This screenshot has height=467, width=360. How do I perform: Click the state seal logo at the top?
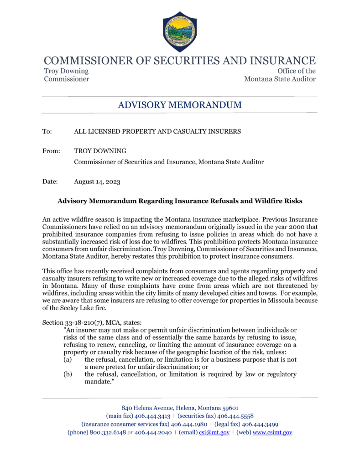click(180, 31)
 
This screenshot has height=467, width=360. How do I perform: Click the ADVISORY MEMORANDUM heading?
click(180, 105)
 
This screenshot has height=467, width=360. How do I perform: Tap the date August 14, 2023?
click(97, 182)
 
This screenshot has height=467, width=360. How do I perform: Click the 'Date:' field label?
click(50, 182)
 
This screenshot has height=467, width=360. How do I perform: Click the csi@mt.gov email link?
click(220, 432)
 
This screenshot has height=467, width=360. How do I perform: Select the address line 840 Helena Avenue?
click(180, 408)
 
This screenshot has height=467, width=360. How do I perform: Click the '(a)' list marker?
click(67, 360)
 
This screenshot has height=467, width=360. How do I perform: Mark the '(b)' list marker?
click(67, 374)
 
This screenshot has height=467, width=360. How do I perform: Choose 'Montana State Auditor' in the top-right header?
click(280, 79)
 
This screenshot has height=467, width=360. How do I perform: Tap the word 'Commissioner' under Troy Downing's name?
click(66, 79)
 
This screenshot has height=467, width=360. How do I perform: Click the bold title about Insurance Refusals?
click(180, 201)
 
